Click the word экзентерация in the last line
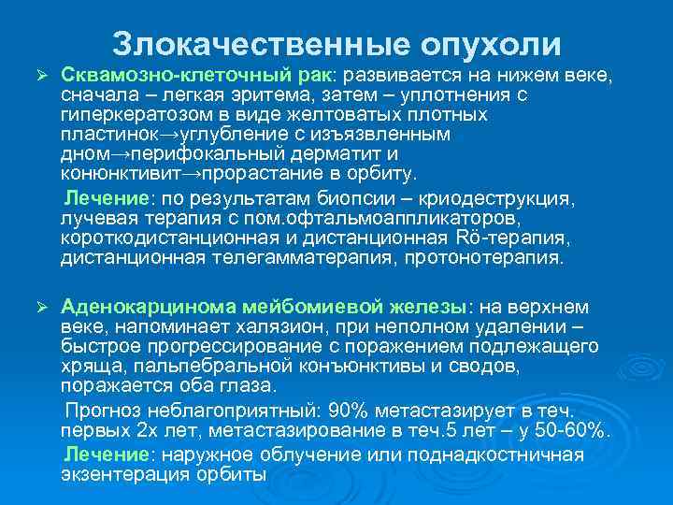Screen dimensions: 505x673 pos(117,474)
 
